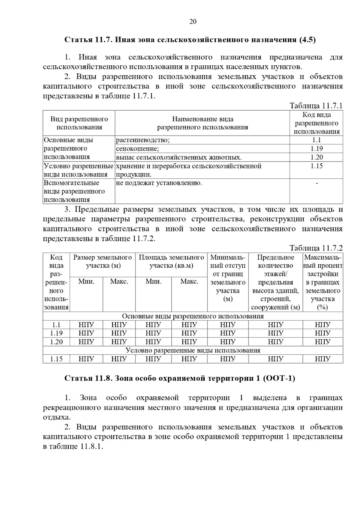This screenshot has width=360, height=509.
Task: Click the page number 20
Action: pos(193,22)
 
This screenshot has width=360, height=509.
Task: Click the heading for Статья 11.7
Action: pos(190,40)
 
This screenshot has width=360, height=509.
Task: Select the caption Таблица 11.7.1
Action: pos(316,106)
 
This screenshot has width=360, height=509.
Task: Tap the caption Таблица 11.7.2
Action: pos(316,248)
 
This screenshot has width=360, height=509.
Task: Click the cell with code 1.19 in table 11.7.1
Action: pos(316,149)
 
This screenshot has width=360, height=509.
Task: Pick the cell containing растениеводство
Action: pos(143,140)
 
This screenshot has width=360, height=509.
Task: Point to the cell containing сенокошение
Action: pos(137,149)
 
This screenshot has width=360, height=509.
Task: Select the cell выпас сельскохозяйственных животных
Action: pos(179,157)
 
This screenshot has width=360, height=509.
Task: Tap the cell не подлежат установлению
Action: pos(159,183)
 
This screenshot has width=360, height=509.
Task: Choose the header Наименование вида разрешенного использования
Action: pos(202,123)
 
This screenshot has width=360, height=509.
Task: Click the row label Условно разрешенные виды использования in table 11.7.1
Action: pos(79,170)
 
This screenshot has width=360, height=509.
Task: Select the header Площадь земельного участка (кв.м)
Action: pos(171,261)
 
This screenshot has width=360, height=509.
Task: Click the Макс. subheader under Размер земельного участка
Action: pos(119,282)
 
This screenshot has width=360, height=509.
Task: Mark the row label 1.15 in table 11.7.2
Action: pos(56,359)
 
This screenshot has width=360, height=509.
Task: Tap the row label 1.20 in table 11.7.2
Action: pos(56,342)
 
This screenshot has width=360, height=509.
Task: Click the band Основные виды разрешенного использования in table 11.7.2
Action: pos(193,316)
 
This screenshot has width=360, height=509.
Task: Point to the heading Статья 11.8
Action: pos(180,379)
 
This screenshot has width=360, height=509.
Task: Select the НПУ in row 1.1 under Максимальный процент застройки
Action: pos(322,325)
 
